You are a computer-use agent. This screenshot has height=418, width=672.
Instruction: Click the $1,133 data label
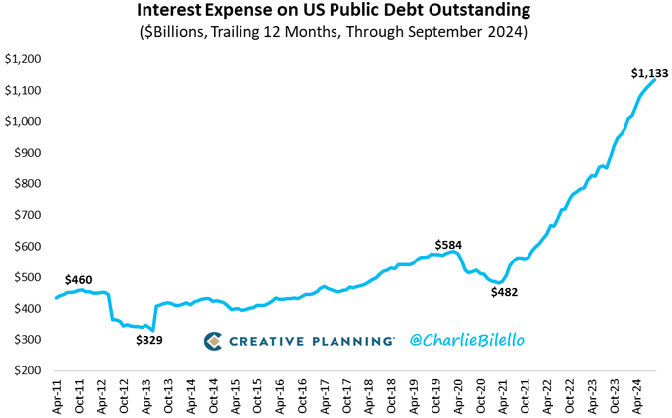point(648,72)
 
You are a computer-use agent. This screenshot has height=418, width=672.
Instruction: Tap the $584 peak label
point(449,245)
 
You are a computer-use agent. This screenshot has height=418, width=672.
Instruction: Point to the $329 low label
point(149,340)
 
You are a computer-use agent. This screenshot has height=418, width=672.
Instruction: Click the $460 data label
point(79,280)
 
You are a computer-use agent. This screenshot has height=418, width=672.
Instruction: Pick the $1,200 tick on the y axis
point(24,59)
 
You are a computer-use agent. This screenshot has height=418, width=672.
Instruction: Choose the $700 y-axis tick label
point(27,215)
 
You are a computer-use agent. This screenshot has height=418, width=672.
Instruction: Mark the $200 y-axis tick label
point(27,370)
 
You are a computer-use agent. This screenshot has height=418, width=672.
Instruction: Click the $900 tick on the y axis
point(27,153)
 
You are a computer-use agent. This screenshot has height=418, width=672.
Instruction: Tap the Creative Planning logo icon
point(213,341)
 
